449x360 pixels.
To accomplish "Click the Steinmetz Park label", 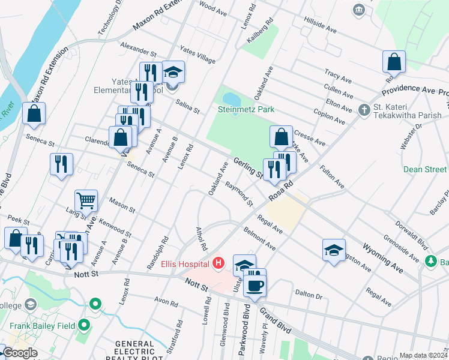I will coord(246,109).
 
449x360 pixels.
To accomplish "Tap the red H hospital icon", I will coord(218,263).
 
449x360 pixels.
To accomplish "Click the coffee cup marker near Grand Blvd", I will coord(255,285).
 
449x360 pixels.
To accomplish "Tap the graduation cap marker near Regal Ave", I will coord(334,249).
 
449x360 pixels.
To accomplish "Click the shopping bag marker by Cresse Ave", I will coord(281,137).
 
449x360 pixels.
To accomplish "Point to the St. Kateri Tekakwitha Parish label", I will coord(408,110).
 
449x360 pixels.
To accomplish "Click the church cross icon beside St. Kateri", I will coord(363,110).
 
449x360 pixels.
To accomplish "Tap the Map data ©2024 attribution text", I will coord(423,355).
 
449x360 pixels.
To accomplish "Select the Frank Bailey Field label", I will coord(42,326).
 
